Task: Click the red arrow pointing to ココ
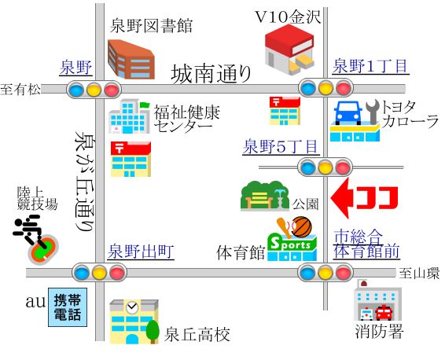(342, 198)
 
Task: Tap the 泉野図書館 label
(151, 25)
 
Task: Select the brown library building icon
(131, 59)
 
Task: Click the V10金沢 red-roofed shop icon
(289, 50)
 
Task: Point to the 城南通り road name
(211, 74)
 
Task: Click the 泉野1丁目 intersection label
(370, 66)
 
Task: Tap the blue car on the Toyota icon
(348, 113)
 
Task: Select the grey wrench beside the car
(373, 112)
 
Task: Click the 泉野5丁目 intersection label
(281, 146)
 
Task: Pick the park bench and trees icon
(265, 196)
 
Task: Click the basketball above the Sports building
(302, 227)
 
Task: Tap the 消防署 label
(379, 331)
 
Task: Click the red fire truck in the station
(384, 313)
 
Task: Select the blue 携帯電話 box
(68, 307)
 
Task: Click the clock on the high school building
(132, 308)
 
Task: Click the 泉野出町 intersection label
(141, 252)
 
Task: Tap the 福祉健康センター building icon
(130, 116)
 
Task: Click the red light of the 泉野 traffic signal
(112, 90)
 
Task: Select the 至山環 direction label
(419, 274)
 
